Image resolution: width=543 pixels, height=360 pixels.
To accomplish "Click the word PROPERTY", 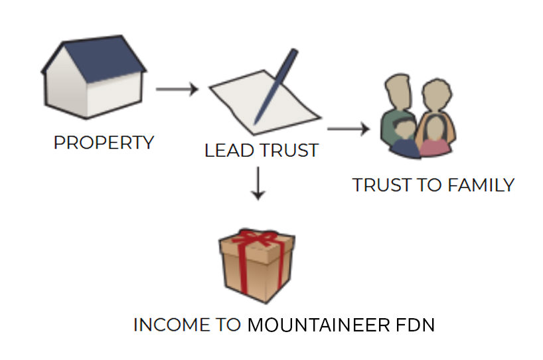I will click(104, 142).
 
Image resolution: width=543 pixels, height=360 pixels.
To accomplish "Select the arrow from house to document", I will click(177, 89).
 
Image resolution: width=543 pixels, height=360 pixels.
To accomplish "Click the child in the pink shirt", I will click(435, 139).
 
